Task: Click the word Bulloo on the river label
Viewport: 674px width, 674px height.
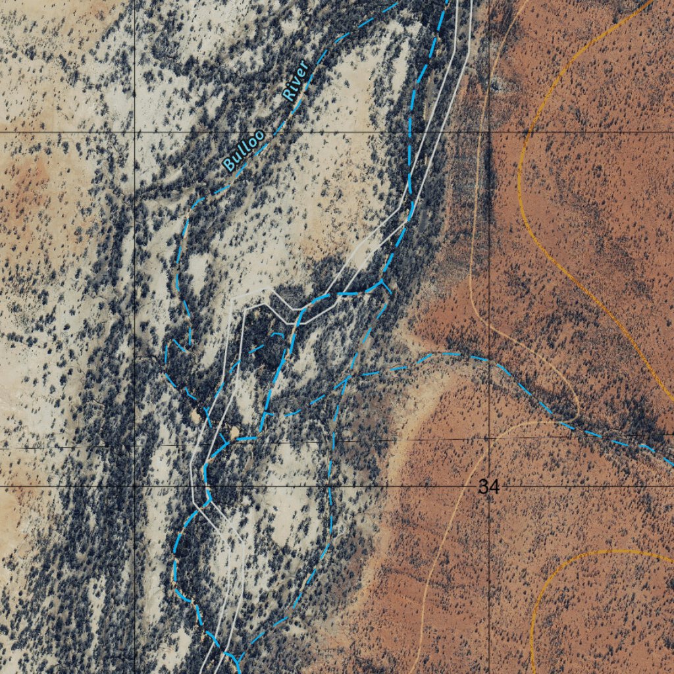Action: (x=244, y=151)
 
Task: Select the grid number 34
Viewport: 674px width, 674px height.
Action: (x=488, y=487)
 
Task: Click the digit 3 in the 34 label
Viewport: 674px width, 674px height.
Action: (x=484, y=487)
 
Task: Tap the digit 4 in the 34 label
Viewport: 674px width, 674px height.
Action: (x=493, y=487)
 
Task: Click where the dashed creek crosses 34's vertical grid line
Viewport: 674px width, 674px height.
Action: (x=490, y=361)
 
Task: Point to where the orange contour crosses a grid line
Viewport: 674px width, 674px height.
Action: (x=521, y=132)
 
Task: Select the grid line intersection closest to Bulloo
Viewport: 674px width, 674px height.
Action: (x=136, y=132)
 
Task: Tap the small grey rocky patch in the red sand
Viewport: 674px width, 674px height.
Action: (x=499, y=84)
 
